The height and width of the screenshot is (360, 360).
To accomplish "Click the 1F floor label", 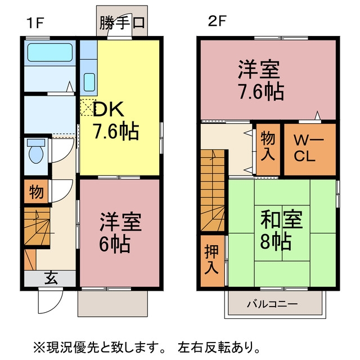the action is tap(35, 22).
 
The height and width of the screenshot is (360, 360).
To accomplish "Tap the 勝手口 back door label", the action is tap(122, 22).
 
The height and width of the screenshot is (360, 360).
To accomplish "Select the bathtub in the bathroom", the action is tap(50, 52).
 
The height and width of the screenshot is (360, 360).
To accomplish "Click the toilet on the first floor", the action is tap(36, 151).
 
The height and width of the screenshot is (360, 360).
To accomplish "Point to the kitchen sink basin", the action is tap(89, 82).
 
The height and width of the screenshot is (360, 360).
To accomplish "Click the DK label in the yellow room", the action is tap(108, 109).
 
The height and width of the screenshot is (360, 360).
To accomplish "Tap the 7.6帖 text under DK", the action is tap(116, 131).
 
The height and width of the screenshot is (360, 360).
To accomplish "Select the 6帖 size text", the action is tap(115, 244).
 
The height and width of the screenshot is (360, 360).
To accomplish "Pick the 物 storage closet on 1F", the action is tap(36, 191).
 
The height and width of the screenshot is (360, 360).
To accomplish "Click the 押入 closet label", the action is tap(211, 260).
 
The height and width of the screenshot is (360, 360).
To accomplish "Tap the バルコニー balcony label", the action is tap(272, 304).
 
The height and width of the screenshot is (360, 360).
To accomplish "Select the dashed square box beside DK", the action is tap(88, 107).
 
